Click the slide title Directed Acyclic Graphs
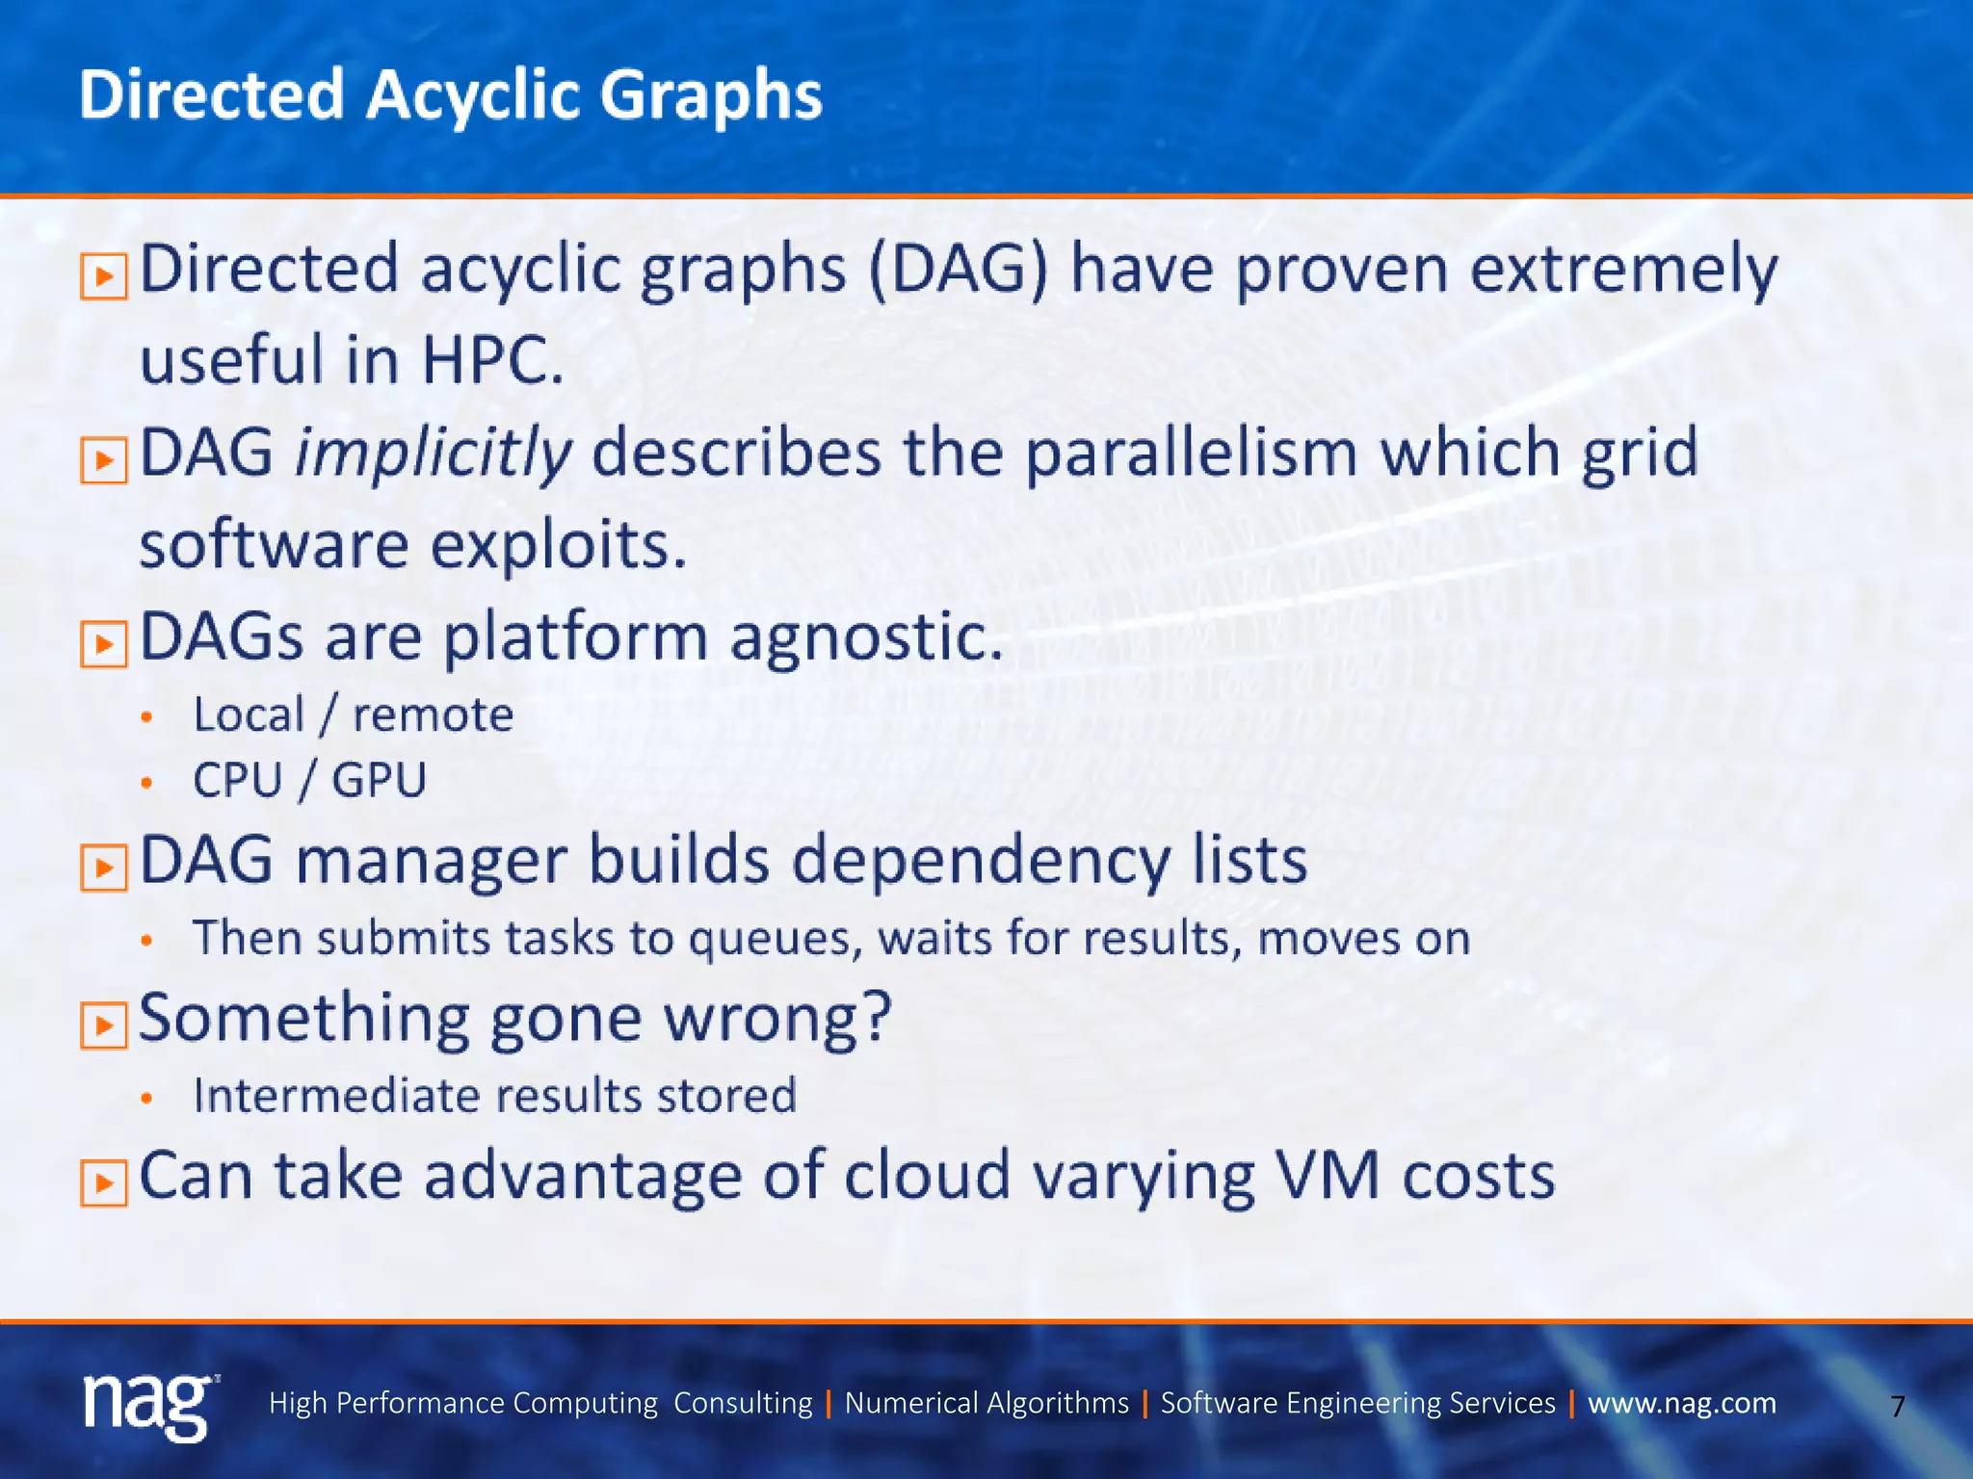pyautogui.click(x=450, y=95)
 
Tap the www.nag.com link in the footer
pyautogui.click(x=1681, y=1403)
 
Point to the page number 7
pyautogui.click(x=1897, y=1407)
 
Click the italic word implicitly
pyautogui.click(x=433, y=454)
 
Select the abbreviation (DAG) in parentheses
pyautogui.click(x=958, y=270)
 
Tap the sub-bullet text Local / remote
pyautogui.click(x=353, y=714)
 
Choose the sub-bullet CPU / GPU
pyautogui.click(x=309, y=780)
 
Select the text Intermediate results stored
pyautogui.click(x=494, y=1096)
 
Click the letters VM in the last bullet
pyautogui.click(x=1328, y=1176)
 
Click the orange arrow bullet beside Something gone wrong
pyautogui.click(x=103, y=1025)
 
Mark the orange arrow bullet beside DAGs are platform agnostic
pyautogui.click(x=103, y=644)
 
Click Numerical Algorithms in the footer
pyautogui.click(x=986, y=1403)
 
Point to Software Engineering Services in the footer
pyautogui.click(x=1356, y=1403)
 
